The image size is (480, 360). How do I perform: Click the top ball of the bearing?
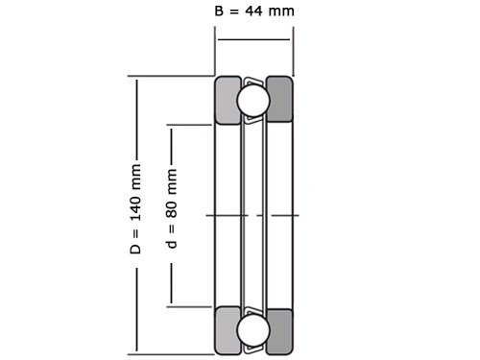tap(253, 100)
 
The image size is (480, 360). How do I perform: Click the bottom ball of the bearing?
tap(253, 330)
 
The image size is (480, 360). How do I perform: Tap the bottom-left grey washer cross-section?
tap(228, 330)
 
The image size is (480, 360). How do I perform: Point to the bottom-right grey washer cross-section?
tap(279, 330)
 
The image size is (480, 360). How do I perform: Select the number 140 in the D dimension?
tap(135, 198)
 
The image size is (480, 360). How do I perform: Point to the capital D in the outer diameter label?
tap(135, 249)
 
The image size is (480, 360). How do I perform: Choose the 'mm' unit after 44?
tap(282, 12)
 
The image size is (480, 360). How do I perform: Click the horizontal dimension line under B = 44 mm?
tap(253, 39)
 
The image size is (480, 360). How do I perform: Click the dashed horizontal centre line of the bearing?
tap(253, 215)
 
